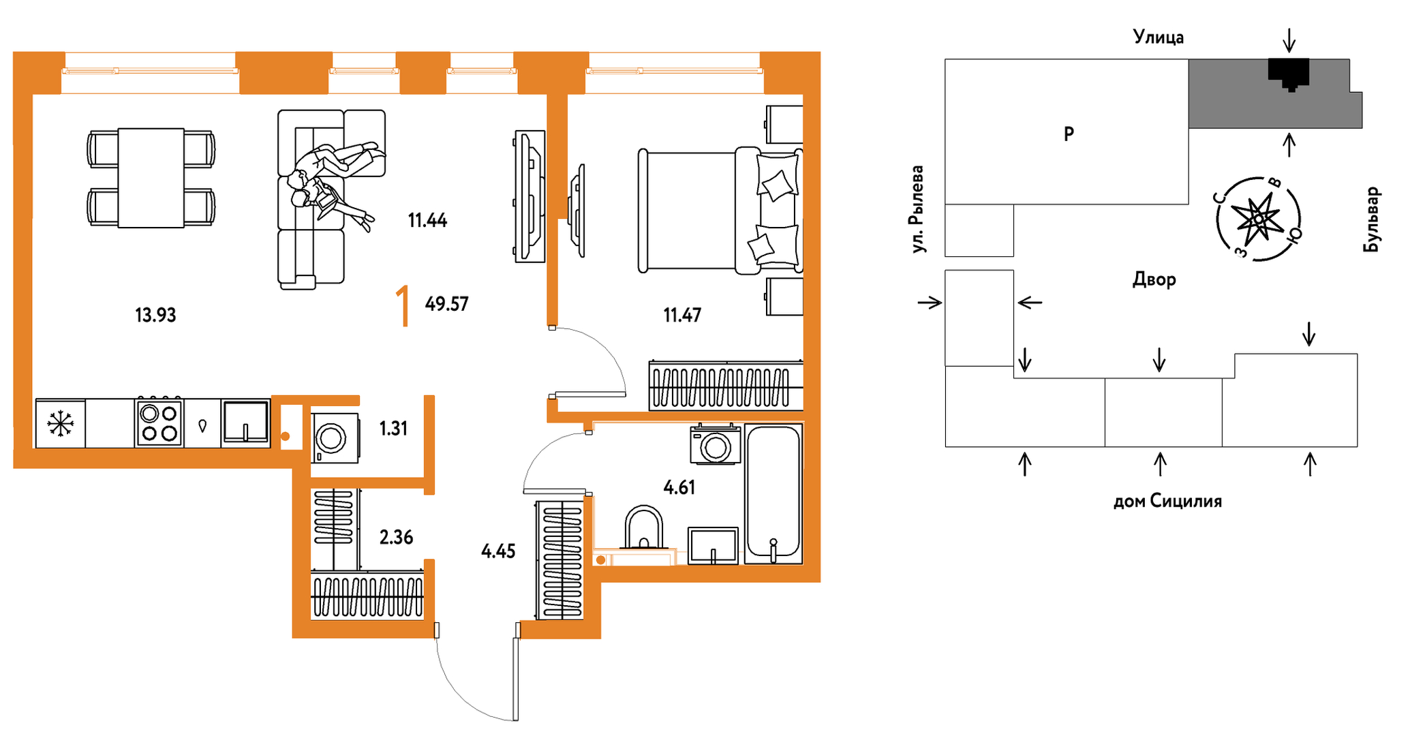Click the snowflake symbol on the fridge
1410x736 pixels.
pos(61,424)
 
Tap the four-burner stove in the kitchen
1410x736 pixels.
pos(159,423)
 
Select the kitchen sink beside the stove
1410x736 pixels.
pos(245,423)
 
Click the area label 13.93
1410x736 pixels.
pos(155,315)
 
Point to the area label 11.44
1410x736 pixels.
pos(427,220)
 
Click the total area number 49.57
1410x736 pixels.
pos(446,303)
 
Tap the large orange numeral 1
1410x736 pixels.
pos(403,306)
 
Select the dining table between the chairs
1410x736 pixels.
pos(151,178)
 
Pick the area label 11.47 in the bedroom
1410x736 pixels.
pos(682,315)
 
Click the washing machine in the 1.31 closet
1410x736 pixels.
pos(335,438)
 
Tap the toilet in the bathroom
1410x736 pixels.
pos(643,527)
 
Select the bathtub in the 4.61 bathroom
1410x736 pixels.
pos(773,493)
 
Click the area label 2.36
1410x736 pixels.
pos(396,537)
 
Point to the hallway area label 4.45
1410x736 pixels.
pos(498,551)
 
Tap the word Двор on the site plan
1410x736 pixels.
pos(1154,279)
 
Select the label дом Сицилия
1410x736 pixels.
pos(1167,502)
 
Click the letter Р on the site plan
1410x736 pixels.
pos(1069,134)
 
